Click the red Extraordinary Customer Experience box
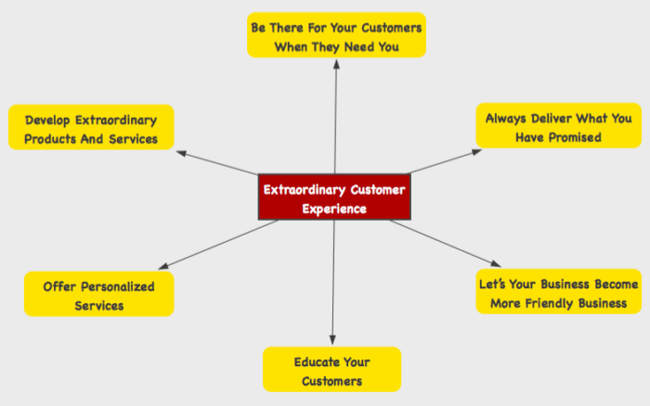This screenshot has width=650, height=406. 334,198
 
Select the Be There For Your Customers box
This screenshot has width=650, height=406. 336,35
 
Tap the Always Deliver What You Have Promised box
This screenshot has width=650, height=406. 559,127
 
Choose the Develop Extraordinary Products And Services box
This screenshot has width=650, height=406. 91,129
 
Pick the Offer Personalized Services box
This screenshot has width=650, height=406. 98,295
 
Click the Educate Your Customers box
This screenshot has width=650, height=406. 331,370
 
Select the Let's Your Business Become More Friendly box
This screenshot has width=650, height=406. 558,292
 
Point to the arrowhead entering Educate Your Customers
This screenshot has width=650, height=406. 332,340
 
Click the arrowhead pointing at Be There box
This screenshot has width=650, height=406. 336,64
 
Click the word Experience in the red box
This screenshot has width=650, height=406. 334,209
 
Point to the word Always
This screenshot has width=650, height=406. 508,118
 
